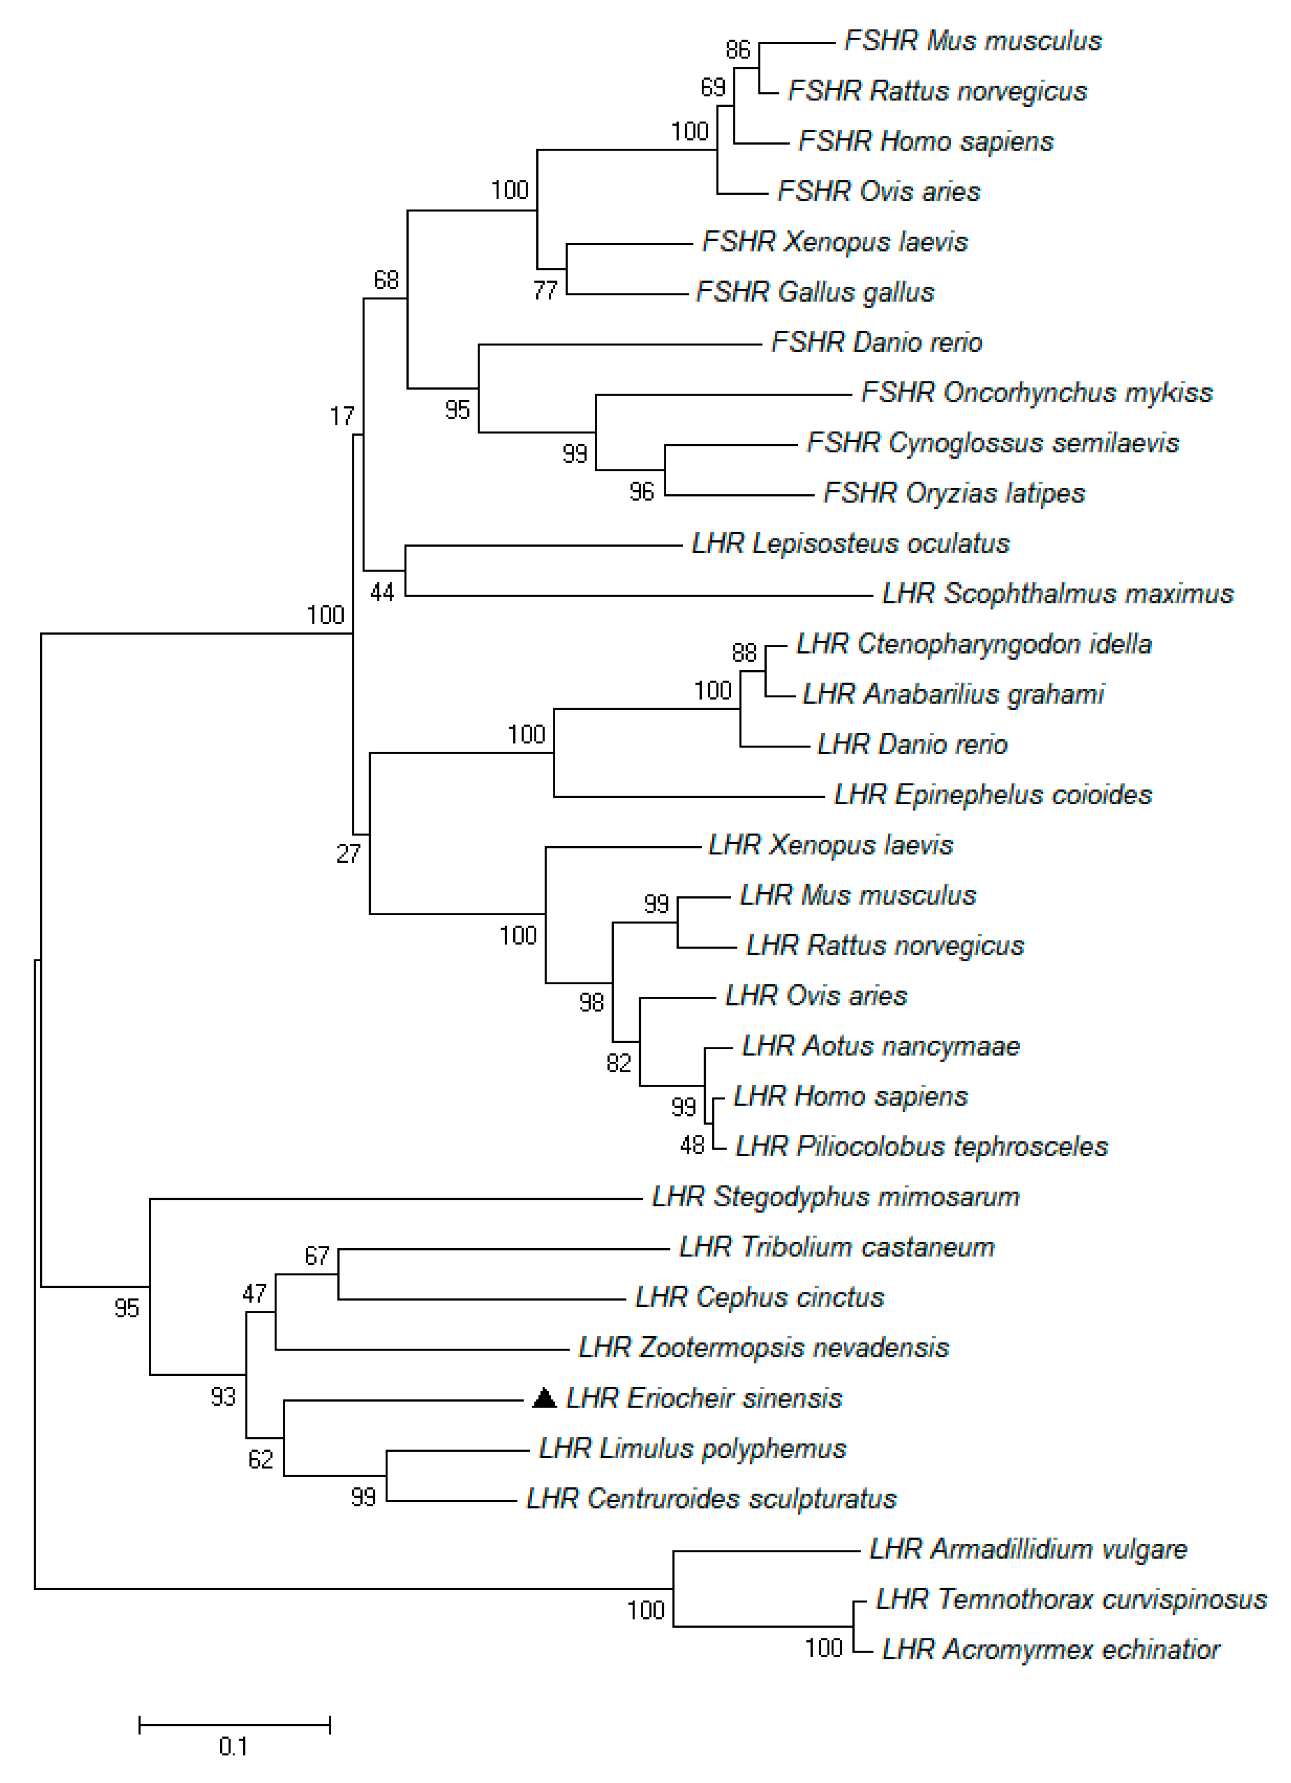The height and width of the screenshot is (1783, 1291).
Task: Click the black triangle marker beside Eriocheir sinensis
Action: pyautogui.click(x=544, y=1398)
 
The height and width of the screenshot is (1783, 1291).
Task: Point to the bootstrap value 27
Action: pyautogui.click(x=348, y=854)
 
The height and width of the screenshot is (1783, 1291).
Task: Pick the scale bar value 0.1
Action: pyautogui.click(x=234, y=1747)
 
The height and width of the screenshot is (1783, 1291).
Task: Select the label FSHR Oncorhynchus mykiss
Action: pyautogui.click(x=1036, y=392)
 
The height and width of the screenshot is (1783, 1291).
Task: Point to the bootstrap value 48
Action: pyautogui.click(x=692, y=1146)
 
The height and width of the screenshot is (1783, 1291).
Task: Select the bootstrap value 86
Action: pyautogui.click(x=738, y=50)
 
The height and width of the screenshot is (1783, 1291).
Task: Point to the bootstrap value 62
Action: pyautogui.click(x=261, y=1460)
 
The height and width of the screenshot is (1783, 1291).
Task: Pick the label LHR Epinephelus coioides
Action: pyautogui.click(x=992, y=795)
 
